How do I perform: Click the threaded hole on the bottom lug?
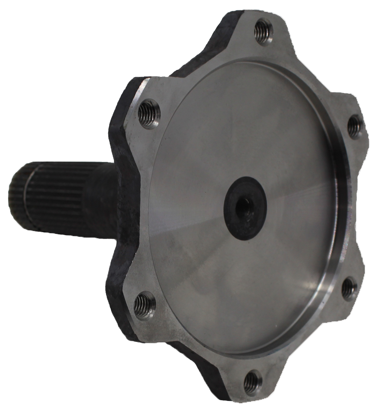tap(252, 380)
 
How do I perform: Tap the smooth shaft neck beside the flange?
tap(105, 199)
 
